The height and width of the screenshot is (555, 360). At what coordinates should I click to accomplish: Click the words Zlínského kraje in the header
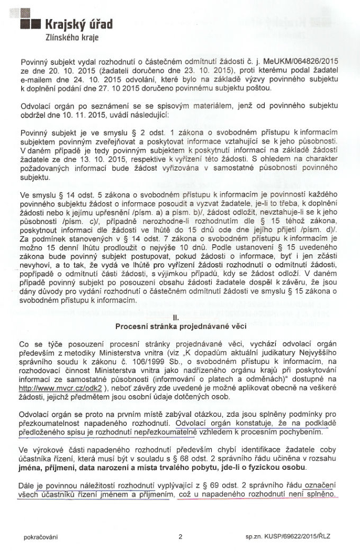(72, 38)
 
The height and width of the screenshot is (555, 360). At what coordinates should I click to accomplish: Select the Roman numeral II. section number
(179, 318)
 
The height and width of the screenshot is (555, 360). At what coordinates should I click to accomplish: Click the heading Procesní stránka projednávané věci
(179, 326)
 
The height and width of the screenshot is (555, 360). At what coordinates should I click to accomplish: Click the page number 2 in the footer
(181, 537)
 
